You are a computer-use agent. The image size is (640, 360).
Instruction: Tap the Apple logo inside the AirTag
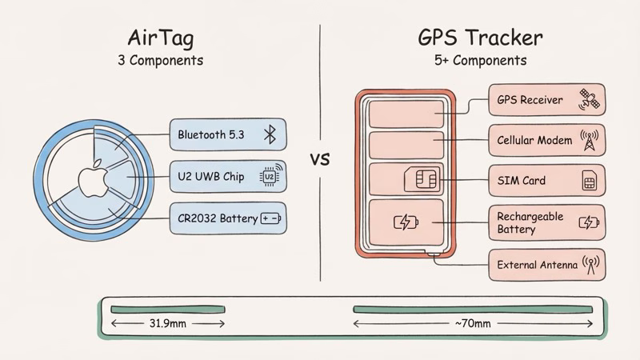click(89, 178)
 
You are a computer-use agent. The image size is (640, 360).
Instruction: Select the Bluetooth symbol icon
click(270, 134)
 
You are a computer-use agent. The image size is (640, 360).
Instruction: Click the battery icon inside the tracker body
click(406, 222)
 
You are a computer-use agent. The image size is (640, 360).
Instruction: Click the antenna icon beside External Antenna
click(592, 264)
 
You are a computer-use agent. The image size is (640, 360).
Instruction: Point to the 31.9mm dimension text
click(168, 323)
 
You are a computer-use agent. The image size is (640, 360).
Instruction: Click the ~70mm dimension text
click(472, 323)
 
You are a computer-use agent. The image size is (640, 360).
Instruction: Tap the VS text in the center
click(320, 158)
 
